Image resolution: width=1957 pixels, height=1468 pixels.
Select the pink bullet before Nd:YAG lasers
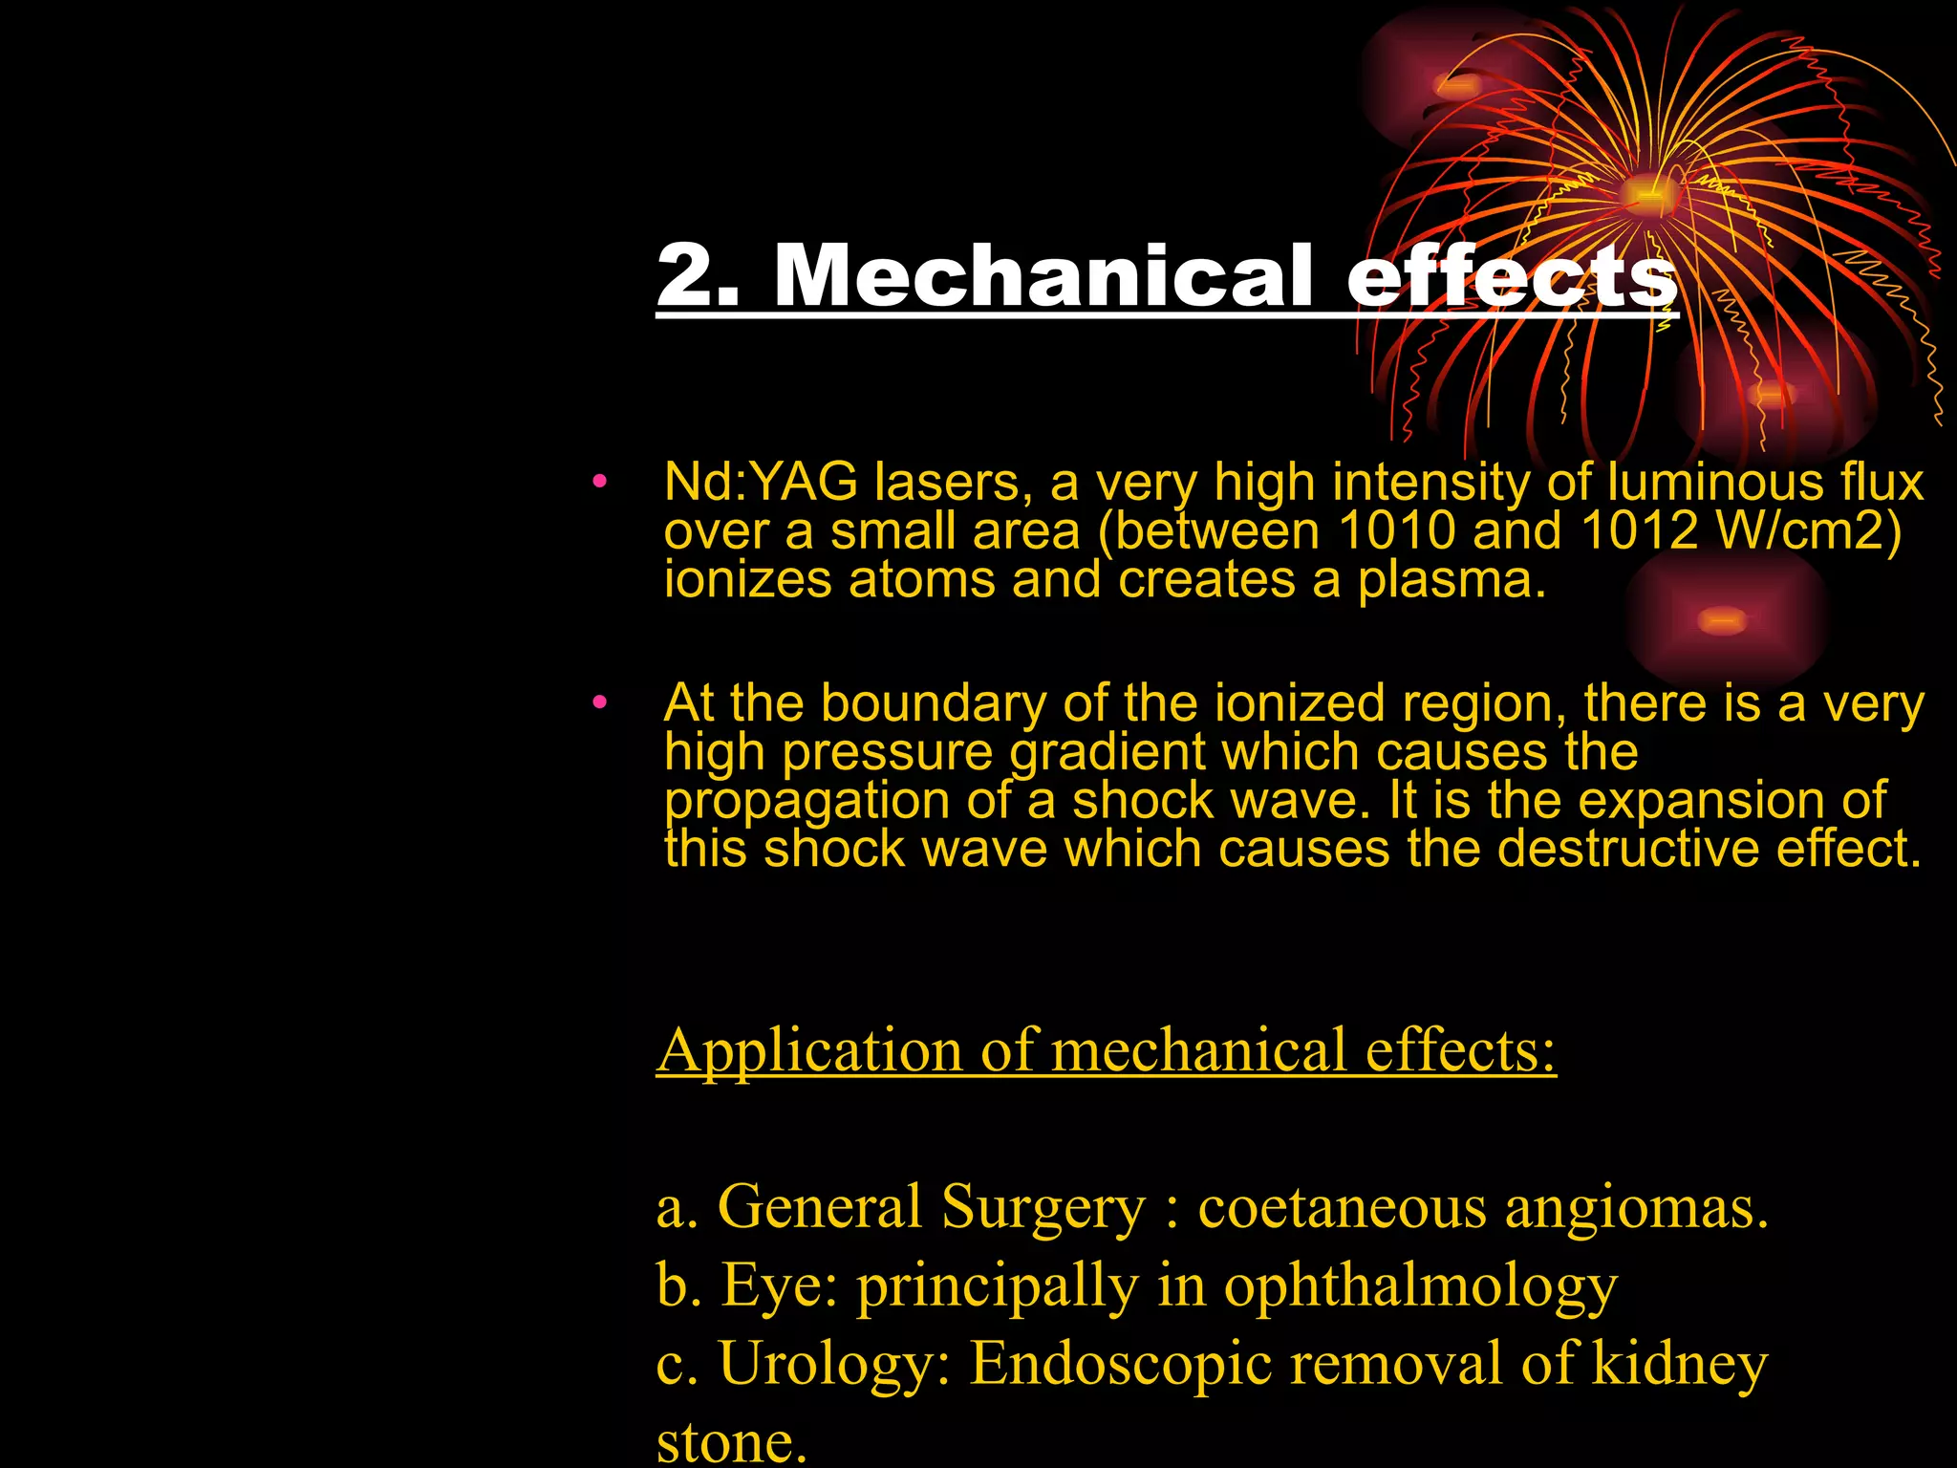tap(599, 482)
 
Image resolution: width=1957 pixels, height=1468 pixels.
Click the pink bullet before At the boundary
tap(599, 703)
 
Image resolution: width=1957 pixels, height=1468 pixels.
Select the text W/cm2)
tap(1808, 530)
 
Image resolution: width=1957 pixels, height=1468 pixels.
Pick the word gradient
tap(1108, 752)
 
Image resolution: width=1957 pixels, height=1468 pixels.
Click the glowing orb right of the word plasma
tap(1723, 621)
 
